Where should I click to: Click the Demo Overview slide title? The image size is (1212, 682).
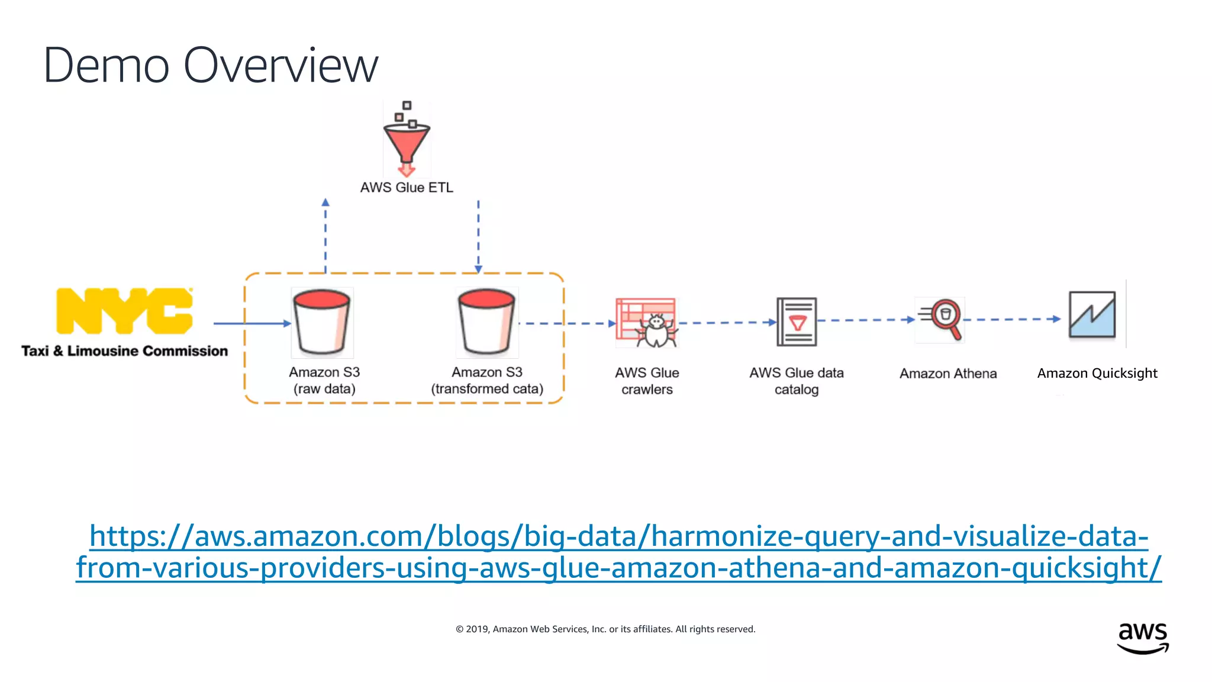[210, 65]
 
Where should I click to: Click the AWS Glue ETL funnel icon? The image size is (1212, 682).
[407, 140]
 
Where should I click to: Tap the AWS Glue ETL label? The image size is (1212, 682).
[407, 188]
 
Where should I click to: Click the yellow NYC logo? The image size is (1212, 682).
[124, 311]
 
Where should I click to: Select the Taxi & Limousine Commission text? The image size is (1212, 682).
[124, 351]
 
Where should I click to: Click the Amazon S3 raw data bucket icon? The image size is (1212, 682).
[322, 322]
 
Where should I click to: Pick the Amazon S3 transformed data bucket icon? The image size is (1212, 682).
[487, 322]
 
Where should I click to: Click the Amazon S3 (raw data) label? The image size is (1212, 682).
[324, 381]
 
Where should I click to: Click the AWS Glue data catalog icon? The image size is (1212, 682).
[797, 322]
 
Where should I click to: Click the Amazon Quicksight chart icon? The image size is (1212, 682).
[1092, 315]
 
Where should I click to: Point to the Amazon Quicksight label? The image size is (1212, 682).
[1097, 374]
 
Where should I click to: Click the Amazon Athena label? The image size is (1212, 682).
[948, 374]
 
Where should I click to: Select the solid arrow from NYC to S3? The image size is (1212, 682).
[252, 323]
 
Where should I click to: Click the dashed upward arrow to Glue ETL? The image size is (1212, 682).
[325, 237]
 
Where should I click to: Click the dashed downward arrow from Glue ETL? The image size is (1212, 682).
[478, 237]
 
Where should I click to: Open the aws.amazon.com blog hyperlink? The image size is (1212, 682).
[618, 552]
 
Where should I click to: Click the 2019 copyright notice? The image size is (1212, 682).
[605, 629]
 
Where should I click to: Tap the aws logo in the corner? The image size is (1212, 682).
[1142, 638]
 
